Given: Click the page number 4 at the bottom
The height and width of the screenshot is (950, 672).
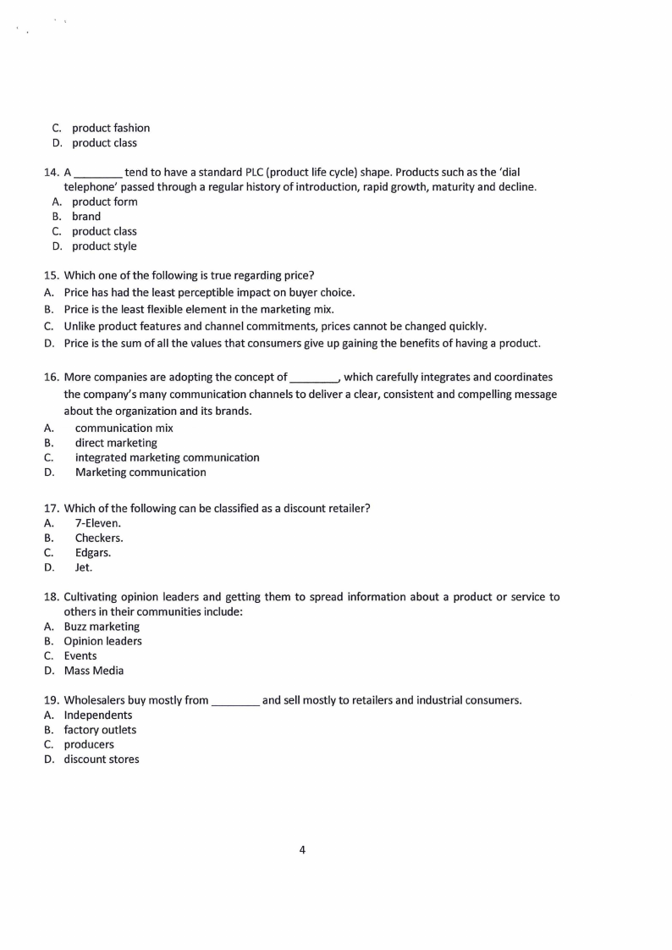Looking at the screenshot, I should click(x=302, y=850).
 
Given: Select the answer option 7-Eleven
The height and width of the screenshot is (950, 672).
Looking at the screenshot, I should click(x=97, y=523).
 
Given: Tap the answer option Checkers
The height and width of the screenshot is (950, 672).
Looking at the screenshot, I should click(x=98, y=538).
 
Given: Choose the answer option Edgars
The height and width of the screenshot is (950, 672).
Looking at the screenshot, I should click(x=92, y=553).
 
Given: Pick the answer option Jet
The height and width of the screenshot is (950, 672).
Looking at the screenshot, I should click(x=84, y=567).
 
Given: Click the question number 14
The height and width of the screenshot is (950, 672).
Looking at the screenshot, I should click(x=51, y=173).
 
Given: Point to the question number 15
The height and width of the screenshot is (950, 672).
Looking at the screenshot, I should click(x=51, y=274).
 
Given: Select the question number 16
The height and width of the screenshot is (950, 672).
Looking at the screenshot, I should click(x=51, y=377).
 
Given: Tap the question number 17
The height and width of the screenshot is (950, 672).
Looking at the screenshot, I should click(x=51, y=508).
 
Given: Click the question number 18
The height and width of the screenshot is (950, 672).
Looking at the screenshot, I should click(x=51, y=597).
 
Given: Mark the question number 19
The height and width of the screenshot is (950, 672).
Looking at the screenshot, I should click(x=51, y=700).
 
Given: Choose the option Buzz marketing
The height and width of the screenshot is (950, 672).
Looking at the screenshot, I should click(x=102, y=627).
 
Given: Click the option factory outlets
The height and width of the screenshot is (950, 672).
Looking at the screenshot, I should click(x=100, y=730).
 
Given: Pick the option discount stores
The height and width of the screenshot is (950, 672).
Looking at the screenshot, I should click(x=102, y=759).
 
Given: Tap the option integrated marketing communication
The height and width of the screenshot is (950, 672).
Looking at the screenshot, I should click(x=167, y=457).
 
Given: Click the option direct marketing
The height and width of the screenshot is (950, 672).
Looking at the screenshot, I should click(x=116, y=443).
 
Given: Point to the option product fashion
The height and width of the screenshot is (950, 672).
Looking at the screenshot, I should click(x=110, y=128).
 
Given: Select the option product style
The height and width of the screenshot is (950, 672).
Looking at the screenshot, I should click(x=103, y=246).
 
